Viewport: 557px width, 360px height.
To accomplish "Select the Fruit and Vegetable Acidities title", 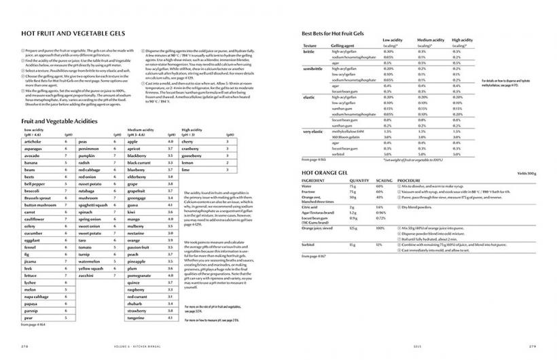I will [54, 121].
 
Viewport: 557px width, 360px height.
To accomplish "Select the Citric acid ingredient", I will [310, 206].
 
